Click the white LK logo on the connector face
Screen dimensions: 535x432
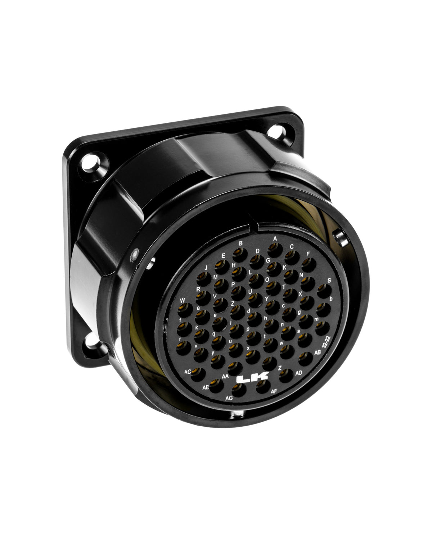click(x=252, y=378)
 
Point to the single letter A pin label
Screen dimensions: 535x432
click(x=275, y=238)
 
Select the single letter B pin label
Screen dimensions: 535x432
click(x=240, y=243)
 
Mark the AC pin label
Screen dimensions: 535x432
click(x=187, y=371)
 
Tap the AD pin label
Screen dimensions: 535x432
click(x=298, y=373)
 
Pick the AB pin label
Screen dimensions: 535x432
click(x=318, y=352)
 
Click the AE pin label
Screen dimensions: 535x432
click(x=206, y=387)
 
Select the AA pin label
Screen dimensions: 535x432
click(x=226, y=376)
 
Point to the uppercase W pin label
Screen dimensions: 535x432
click(x=183, y=300)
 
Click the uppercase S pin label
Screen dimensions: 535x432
click(x=329, y=280)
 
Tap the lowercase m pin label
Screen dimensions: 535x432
click(x=316, y=319)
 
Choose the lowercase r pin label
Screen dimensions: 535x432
click(x=180, y=339)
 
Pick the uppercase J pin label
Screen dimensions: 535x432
click(x=206, y=268)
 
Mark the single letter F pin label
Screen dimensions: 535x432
click(x=308, y=253)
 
